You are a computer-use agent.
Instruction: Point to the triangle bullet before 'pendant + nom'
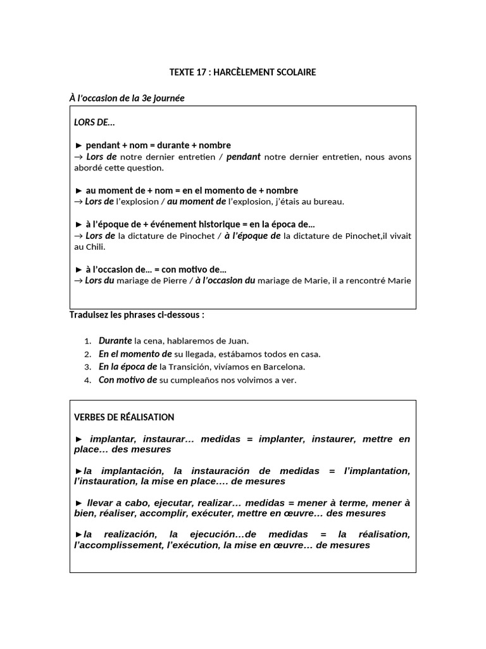point(79,145)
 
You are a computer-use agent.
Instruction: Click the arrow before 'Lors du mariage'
point(79,281)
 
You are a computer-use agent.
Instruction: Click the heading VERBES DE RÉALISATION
point(124,417)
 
